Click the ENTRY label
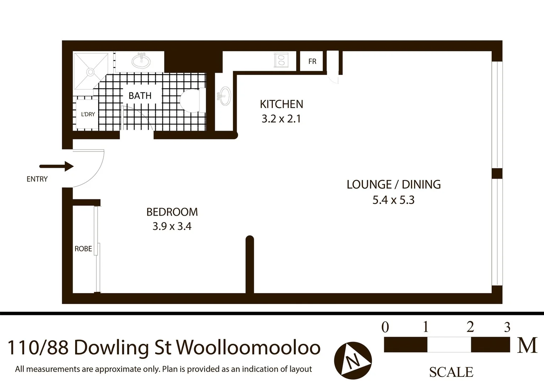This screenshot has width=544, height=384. (x=37, y=179)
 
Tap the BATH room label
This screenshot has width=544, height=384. (x=140, y=96)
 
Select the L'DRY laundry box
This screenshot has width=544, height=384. (x=88, y=114)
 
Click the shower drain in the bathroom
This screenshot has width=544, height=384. (x=90, y=72)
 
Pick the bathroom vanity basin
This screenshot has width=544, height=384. (x=141, y=61)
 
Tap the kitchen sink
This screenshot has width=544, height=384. (x=224, y=96)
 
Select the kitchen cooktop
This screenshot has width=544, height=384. (x=281, y=60)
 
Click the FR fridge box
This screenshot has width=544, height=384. (x=312, y=62)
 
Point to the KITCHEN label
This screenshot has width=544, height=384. (x=281, y=104)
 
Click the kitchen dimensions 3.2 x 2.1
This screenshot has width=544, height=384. (x=281, y=119)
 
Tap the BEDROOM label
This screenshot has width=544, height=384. (x=172, y=212)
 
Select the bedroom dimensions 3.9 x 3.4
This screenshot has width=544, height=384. (x=172, y=226)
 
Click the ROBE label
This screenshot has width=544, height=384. (x=83, y=249)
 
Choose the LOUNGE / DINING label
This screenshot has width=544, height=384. (x=393, y=185)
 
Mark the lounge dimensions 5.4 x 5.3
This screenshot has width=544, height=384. (x=393, y=200)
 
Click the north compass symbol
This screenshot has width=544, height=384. (x=353, y=361)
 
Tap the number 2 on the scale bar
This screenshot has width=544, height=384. (x=470, y=326)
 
